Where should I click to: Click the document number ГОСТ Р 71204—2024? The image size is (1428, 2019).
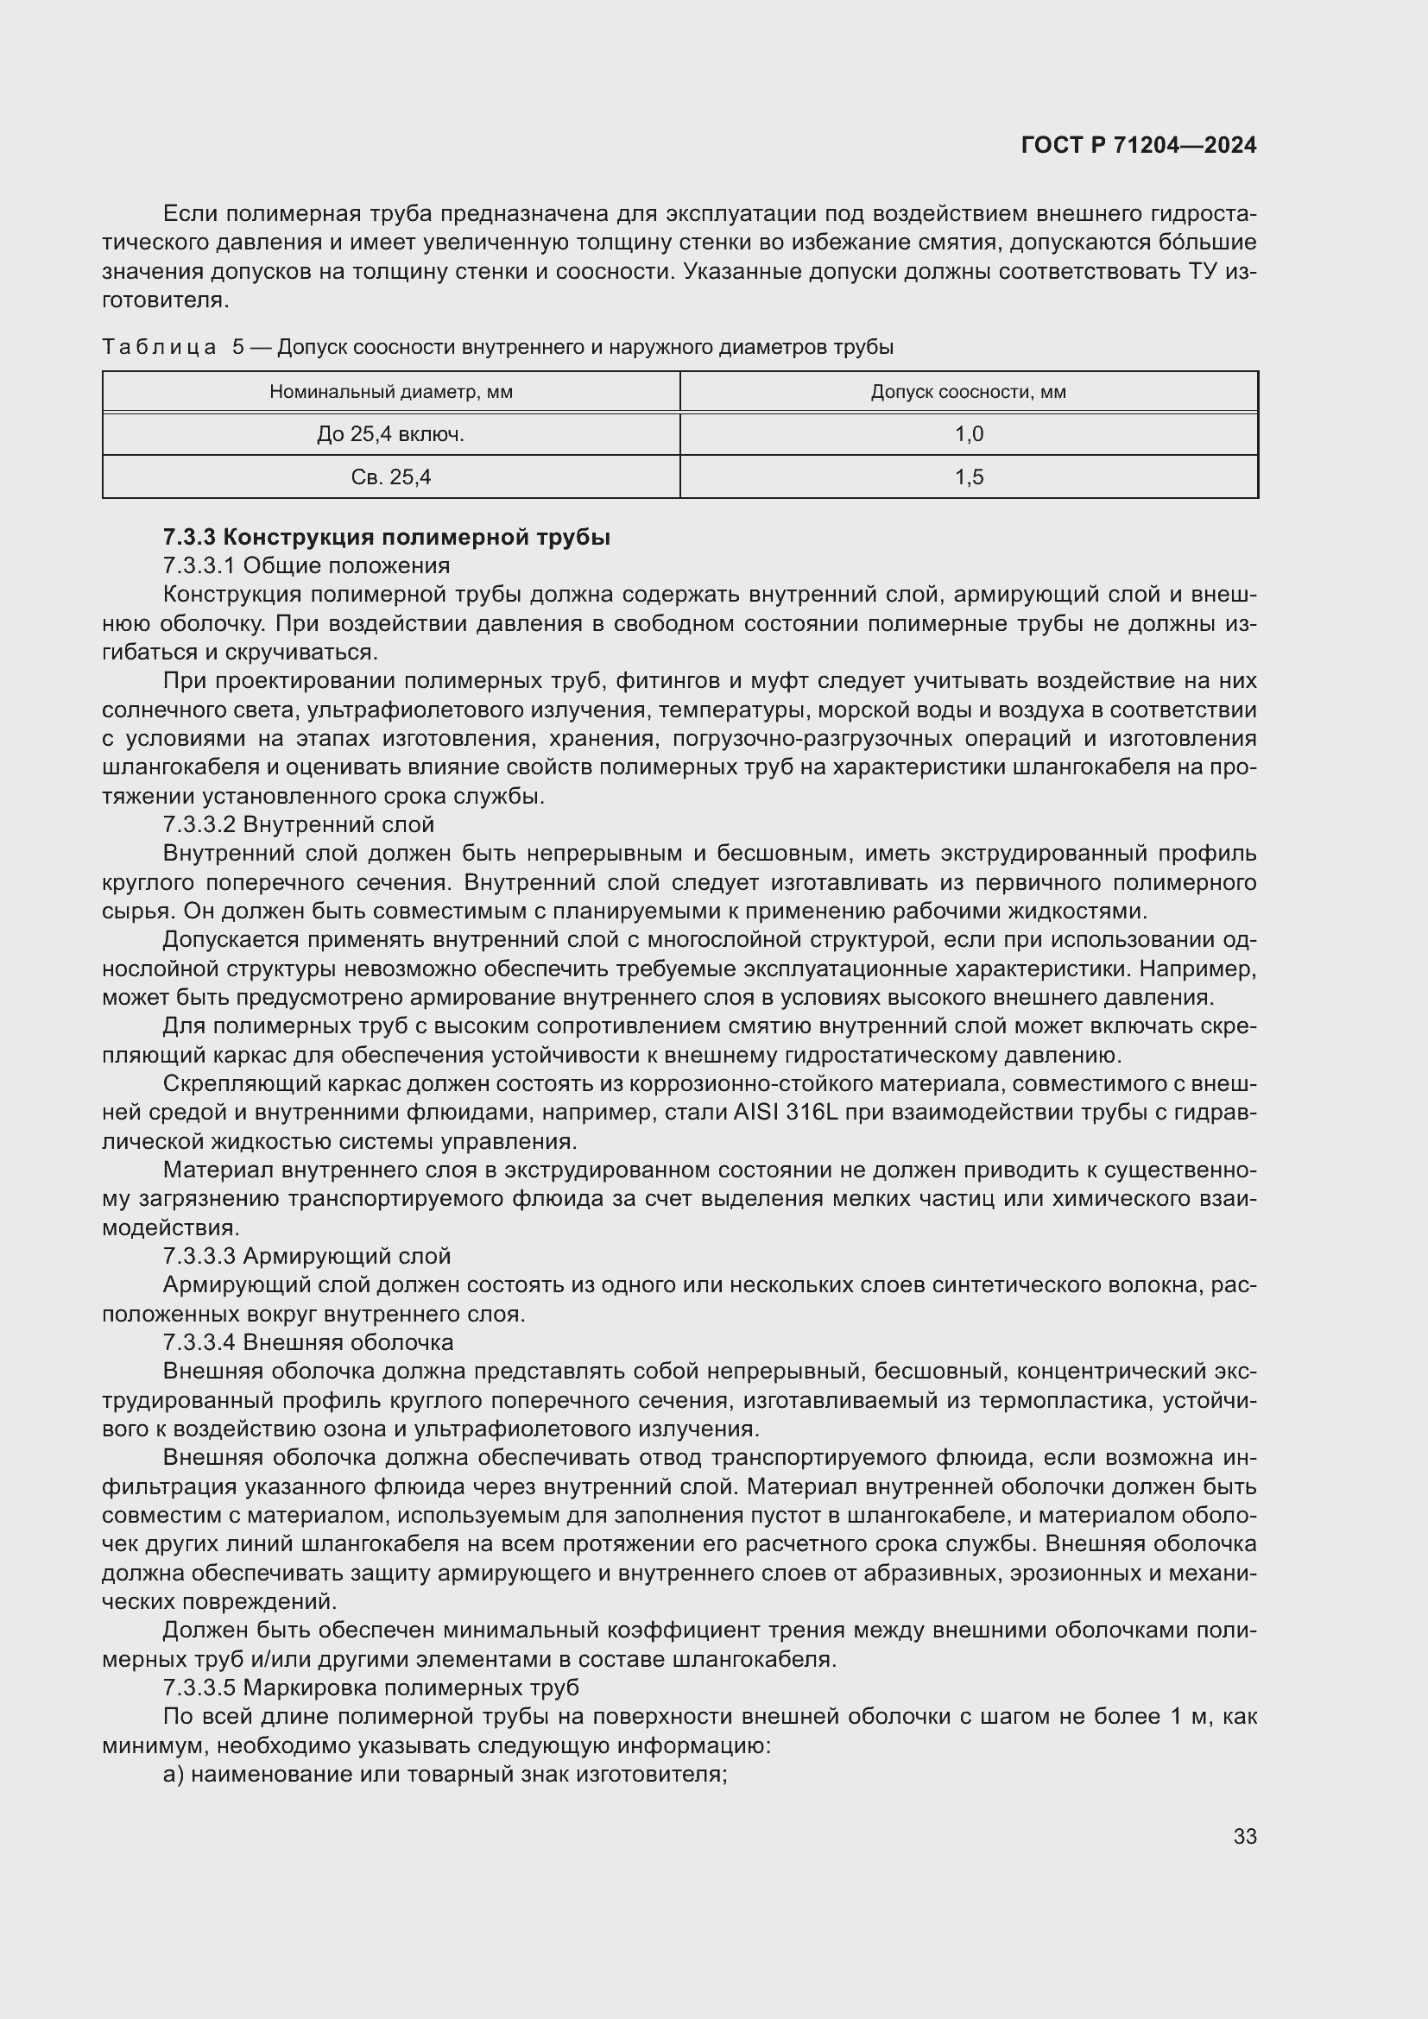pyautogui.click(x=1139, y=146)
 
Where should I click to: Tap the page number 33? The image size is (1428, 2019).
pyautogui.click(x=1244, y=1836)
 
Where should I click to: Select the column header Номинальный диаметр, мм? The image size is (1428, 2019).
pyautogui.click(x=390, y=392)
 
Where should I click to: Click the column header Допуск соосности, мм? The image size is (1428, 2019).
pyautogui.click(x=968, y=392)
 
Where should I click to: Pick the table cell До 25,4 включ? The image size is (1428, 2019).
pyautogui.click(x=390, y=434)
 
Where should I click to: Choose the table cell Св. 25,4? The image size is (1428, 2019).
pyautogui.click(x=390, y=477)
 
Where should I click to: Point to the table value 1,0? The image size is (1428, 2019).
pyautogui.click(x=969, y=434)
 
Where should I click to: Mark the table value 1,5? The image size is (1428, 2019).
pyautogui.click(x=969, y=477)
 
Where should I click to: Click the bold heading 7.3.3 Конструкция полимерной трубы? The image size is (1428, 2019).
pyautogui.click(x=386, y=537)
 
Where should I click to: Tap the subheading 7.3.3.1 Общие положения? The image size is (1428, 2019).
pyautogui.click(x=306, y=565)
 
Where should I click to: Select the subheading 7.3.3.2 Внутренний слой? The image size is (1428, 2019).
pyautogui.click(x=298, y=825)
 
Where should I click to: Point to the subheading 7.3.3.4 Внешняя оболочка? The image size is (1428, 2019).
pyautogui.click(x=307, y=1343)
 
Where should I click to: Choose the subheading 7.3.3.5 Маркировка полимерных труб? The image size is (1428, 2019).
pyautogui.click(x=370, y=1688)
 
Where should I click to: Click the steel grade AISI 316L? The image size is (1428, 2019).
pyautogui.click(x=784, y=1114)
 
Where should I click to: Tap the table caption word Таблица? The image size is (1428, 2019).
pyautogui.click(x=159, y=347)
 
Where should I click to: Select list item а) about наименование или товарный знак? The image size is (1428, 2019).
pyautogui.click(x=445, y=1775)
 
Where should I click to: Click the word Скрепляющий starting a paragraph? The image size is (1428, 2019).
pyautogui.click(x=233, y=1084)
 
